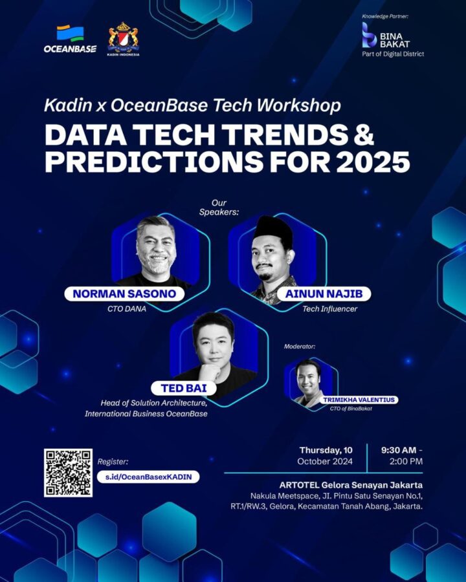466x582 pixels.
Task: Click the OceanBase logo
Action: point(70,39)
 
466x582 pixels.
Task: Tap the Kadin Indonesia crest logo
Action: point(123,39)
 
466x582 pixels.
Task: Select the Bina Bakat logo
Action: point(393,39)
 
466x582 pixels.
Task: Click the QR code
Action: point(68,473)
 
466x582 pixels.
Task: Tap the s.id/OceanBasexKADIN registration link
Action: point(148,477)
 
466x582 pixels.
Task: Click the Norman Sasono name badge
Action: point(124,294)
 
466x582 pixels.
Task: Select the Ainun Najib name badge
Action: point(324,294)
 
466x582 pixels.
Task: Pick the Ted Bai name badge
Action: point(184,388)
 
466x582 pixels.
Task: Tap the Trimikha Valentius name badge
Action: point(359,400)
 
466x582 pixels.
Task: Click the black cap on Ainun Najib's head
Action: point(272,228)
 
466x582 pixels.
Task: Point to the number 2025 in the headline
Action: point(373,162)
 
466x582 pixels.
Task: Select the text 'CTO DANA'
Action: point(127,309)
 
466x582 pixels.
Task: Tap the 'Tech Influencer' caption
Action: point(329,309)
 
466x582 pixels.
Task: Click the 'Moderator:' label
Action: point(300,347)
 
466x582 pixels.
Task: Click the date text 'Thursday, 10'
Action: point(326,450)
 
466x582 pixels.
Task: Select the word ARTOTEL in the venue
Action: point(299,485)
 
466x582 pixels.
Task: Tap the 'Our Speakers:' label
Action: point(219,208)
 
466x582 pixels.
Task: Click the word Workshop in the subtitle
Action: point(299,105)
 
